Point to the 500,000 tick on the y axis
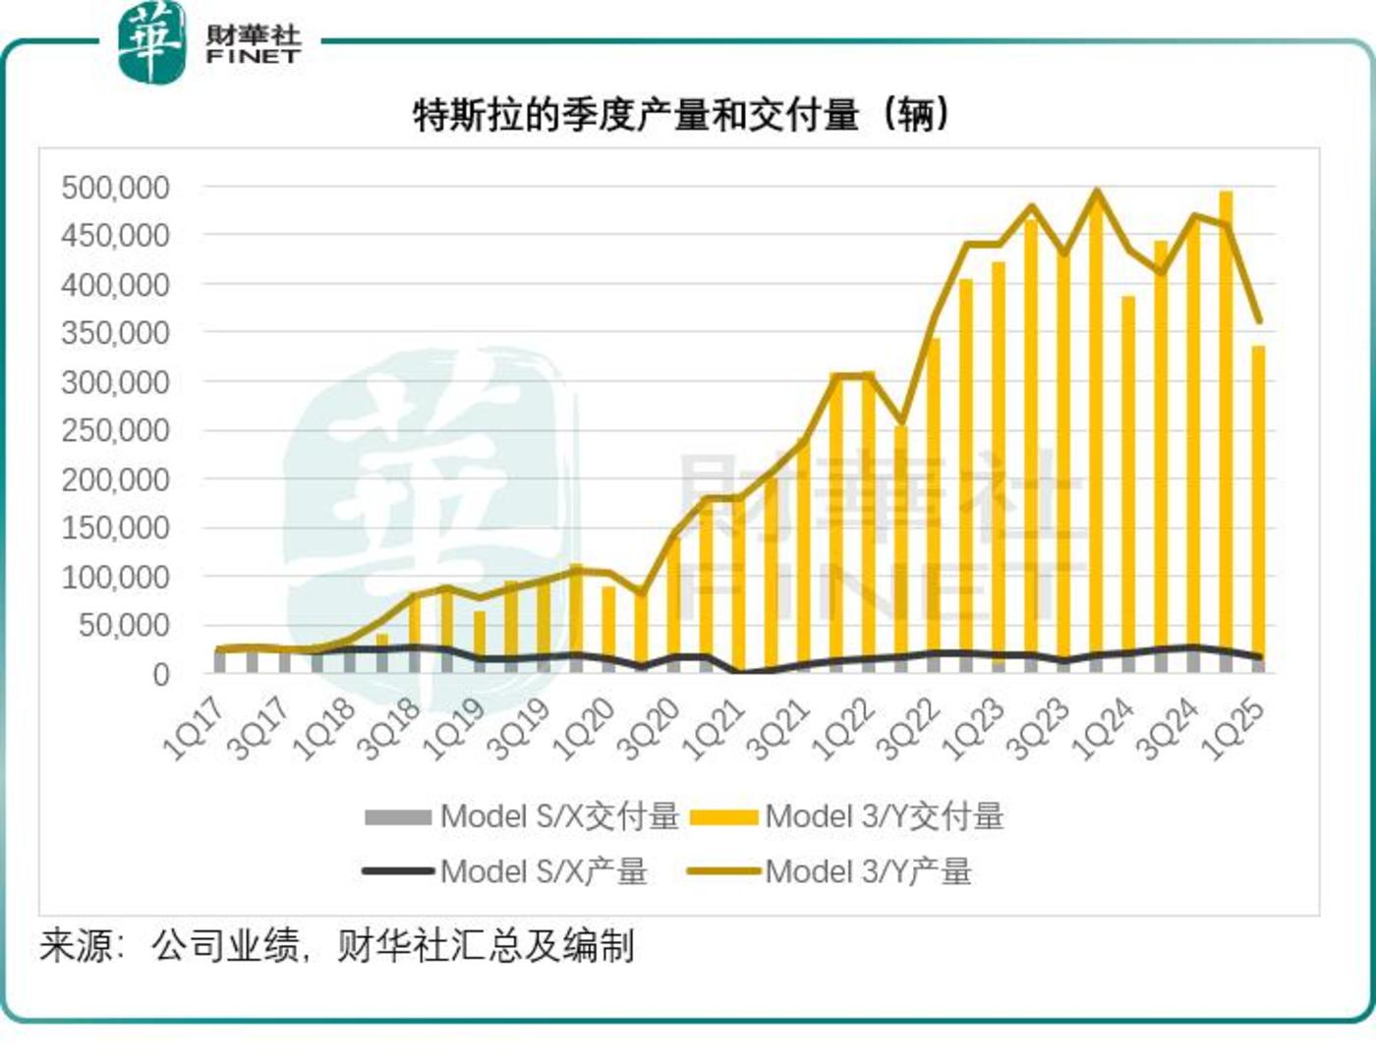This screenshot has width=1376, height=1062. pyautogui.click(x=115, y=187)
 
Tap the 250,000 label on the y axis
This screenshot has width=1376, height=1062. pyautogui.click(x=115, y=430)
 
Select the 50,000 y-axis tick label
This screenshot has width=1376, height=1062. pyautogui.click(x=123, y=625)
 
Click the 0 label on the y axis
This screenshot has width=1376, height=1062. pyautogui.click(x=160, y=675)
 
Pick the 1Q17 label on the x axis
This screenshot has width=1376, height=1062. pyautogui.click(x=193, y=730)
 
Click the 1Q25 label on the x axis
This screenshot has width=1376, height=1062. pyautogui.click(x=1233, y=730)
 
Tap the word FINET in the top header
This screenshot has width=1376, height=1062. pyautogui.click(x=253, y=57)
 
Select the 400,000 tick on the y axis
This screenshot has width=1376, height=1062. pyautogui.click(x=115, y=284)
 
